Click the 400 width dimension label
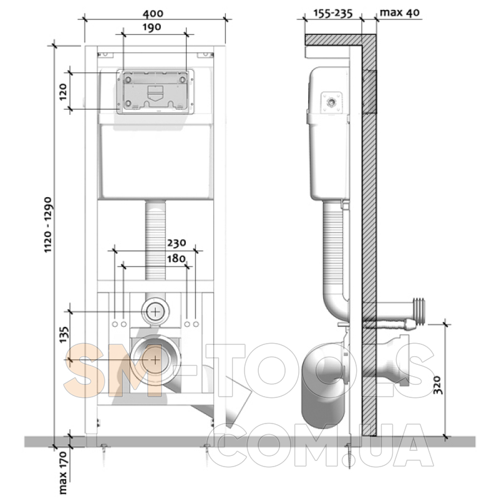(x=153, y=13)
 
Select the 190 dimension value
(x=152, y=27)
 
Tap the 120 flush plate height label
(x=63, y=92)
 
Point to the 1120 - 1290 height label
(x=48, y=225)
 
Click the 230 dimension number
(x=177, y=243)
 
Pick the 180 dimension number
(x=176, y=258)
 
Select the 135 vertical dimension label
(x=64, y=334)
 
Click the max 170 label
(x=63, y=472)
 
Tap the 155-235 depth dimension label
(x=333, y=13)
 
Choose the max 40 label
(x=400, y=12)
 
